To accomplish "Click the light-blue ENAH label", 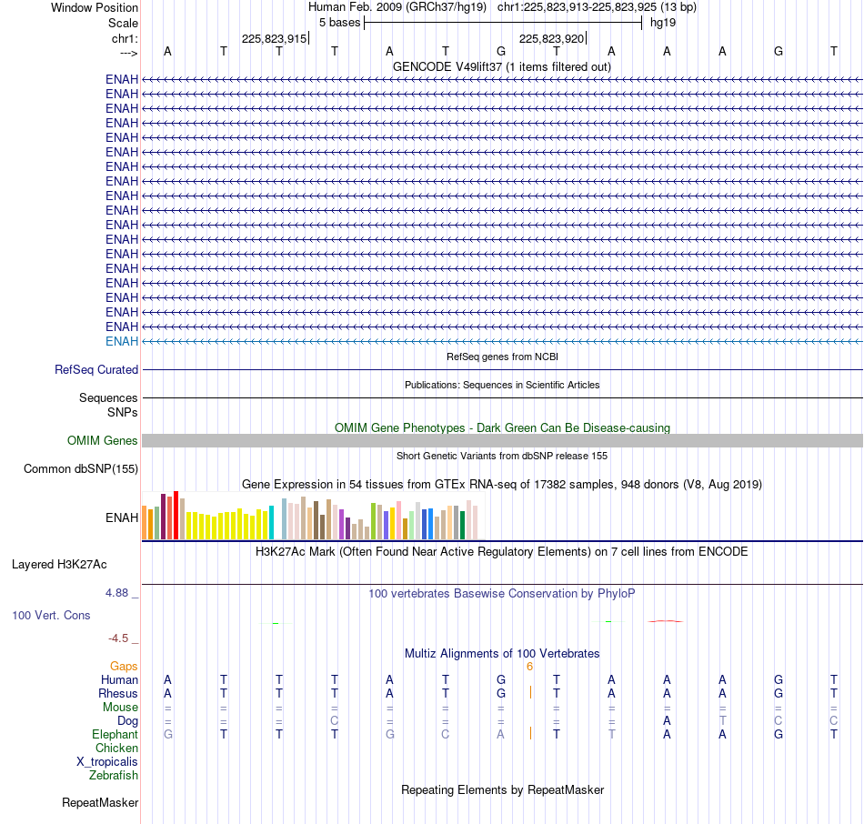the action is click(122, 341).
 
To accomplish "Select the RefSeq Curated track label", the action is click(96, 370).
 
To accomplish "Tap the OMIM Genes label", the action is click(103, 440).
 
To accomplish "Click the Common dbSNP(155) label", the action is click(81, 469).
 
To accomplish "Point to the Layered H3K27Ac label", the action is click(59, 565).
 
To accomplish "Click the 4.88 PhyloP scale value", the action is click(116, 593).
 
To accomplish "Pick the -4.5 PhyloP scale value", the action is click(118, 638).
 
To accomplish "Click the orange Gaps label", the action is click(124, 667).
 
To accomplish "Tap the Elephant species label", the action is click(116, 735).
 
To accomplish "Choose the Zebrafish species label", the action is click(114, 776).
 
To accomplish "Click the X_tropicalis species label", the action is click(107, 762).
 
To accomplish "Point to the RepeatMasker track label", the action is click(100, 802).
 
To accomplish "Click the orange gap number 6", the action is click(529, 667).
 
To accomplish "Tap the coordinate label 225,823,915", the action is click(274, 38).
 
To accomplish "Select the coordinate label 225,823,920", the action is click(551, 38).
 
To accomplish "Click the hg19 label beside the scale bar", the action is click(663, 23).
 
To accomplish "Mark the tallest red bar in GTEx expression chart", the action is click(176, 515).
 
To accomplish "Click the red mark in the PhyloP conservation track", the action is click(666, 621).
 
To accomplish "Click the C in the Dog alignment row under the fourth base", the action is click(335, 721).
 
